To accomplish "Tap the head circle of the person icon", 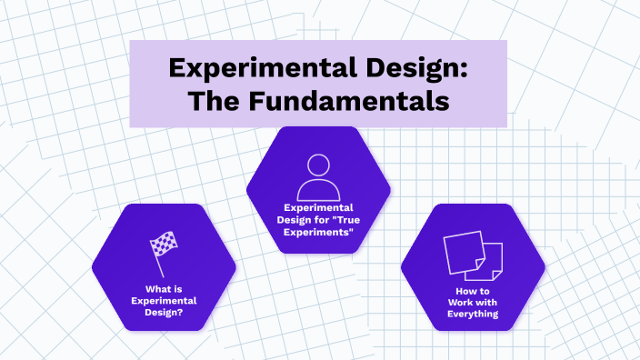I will pos(318,165).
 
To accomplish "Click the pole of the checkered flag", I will pos(158,265).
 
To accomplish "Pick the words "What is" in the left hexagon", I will pos(164,290).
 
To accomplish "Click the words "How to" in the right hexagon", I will pos(473,290).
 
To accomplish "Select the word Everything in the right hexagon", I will pos(473,314).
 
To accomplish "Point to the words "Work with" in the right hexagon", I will pos(473,302).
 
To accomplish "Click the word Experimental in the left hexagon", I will pos(164,301).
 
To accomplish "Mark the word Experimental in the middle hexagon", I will pos(318,207).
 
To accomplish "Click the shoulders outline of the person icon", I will pos(318,190).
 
